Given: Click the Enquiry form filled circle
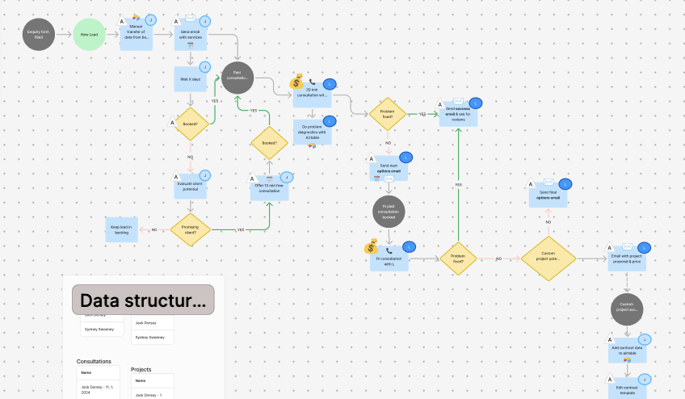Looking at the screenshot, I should pyautogui.click(x=40, y=35).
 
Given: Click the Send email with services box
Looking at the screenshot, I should pyautogui.click(x=191, y=37).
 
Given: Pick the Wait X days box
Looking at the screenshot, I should pyautogui.click(x=191, y=80).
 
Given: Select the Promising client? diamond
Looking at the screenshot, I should pyautogui.click(x=191, y=229).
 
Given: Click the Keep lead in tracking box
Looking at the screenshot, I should pyautogui.click(x=122, y=229).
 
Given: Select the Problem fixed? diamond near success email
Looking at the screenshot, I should pyautogui.click(x=387, y=114).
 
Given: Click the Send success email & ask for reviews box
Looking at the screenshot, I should pyautogui.click(x=458, y=115).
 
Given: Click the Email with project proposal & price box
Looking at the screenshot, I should pyautogui.click(x=627, y=258).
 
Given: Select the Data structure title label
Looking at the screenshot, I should pyautogui.click(x=143, y=300).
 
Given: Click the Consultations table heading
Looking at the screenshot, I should pyautogui.click(x=95, y=361).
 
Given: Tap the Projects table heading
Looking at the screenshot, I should pyautogui.click(x=141, y=369).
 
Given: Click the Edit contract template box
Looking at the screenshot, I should pyautogui.click(x=627, y=387).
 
